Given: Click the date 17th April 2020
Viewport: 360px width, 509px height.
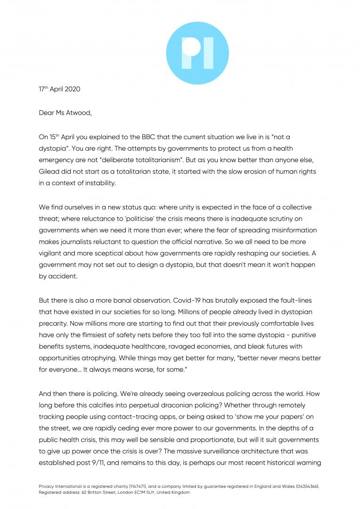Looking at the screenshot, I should coord(59,89).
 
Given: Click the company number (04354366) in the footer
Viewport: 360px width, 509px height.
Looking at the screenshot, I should coord(306,485).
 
